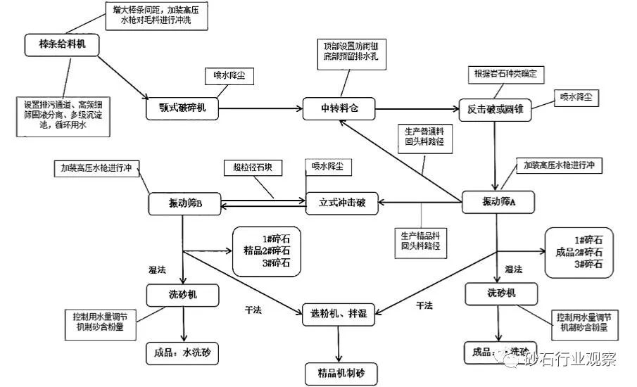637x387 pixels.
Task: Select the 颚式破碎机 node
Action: tap(182, 108)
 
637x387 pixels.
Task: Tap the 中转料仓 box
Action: tap(339, 108)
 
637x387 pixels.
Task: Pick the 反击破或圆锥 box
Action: tap(494, 109)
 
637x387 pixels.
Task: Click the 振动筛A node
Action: tap(498, 203)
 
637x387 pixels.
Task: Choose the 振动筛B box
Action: tap(185, 203)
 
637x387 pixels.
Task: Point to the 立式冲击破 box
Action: tap(342, 203)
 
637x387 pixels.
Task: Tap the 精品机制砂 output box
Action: tap(341, 373)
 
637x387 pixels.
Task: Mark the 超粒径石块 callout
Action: tap(252, 168)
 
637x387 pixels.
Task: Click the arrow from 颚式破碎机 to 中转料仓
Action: tap(260, 108)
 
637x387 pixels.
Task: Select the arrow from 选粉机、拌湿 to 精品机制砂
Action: tap(341, 342)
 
